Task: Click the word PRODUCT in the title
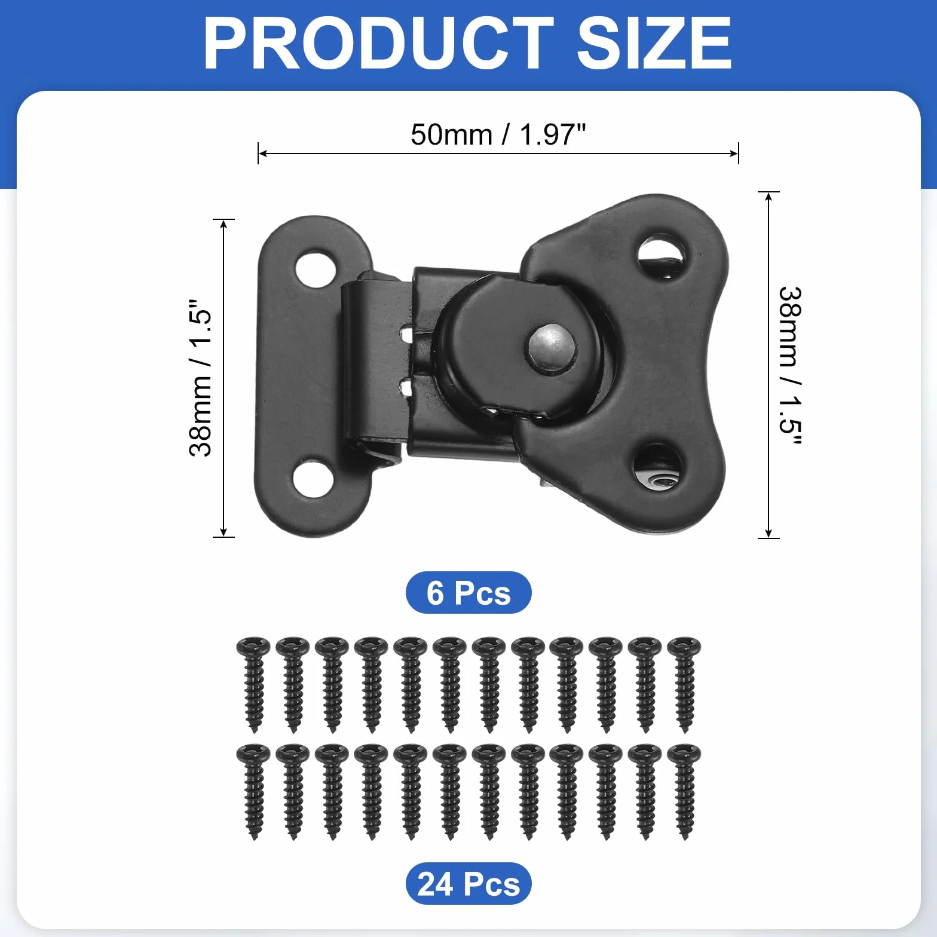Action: [378, 43]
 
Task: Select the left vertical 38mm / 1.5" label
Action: [200, 378]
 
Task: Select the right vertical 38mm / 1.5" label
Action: [791, 366]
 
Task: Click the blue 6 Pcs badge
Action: [468, 592]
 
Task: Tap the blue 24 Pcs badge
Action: [468, 883]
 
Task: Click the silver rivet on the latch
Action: [551, 347]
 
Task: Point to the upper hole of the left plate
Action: [315, 269]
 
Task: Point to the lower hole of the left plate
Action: [313, 478]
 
